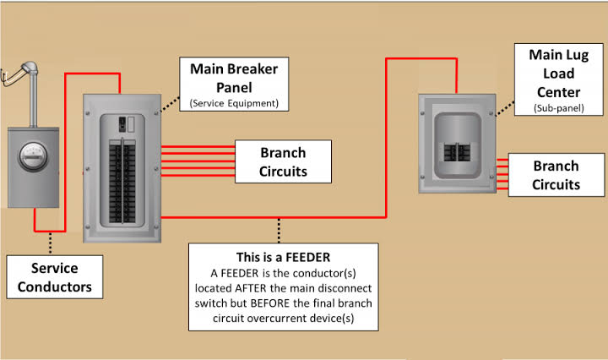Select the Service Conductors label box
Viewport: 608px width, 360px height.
click(x=54, y=278)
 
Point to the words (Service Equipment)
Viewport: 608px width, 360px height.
click(x=234, y=104)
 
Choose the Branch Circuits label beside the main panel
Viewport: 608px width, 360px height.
click(x=283, y=162)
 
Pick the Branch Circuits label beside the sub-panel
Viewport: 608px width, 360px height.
click(x=556, y=175)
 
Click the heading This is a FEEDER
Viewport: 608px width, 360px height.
click(x=282, y=256)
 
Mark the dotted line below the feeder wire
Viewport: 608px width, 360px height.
click(x=280, y=231)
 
